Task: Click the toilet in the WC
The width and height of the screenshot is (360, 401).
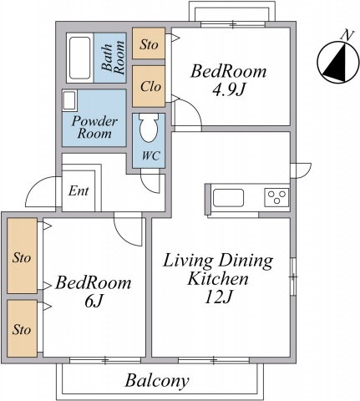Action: (x=149, y=128)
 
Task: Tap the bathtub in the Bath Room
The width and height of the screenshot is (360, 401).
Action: (x=80, y=58)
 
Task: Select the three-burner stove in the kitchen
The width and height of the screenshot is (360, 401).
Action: (x=276, y=197)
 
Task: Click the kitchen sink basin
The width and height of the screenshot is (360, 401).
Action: (x=228, y=198)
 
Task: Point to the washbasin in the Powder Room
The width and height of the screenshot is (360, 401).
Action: (x=69, y=100)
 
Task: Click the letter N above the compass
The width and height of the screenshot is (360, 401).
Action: (x=347, y=35)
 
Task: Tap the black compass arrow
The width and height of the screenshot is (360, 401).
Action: (x=336, y=63)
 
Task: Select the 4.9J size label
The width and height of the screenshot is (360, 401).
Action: (x=229, y=89)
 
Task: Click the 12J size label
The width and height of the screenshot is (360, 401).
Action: (x=218, y=297)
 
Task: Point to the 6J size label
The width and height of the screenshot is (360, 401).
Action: (x=94, y=301)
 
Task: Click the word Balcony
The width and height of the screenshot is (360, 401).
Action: (x=157, y=381)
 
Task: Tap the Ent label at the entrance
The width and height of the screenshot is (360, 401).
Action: (x=79, y=191)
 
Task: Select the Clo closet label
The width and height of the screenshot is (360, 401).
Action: (x=150, y=87)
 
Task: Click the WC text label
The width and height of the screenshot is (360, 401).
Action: (x=151, y=156)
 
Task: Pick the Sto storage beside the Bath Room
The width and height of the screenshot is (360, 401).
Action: (x=149, y=44)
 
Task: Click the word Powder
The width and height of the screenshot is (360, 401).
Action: (x=94, y=121)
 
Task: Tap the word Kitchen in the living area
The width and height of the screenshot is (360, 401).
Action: (x=218, y=279)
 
